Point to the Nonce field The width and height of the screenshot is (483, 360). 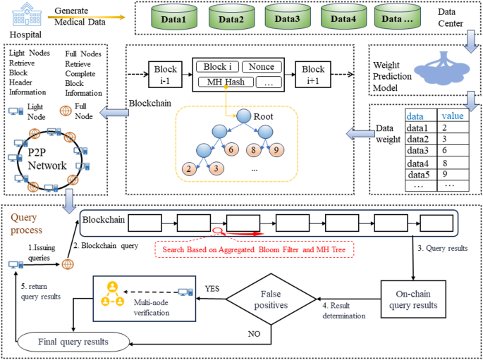pos(262,67)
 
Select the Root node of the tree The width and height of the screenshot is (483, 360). pos(244,116)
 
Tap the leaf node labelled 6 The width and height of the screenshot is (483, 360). pos(229,149)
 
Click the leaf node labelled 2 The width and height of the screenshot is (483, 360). pos(188,169)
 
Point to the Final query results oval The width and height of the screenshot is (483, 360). pos(73,342)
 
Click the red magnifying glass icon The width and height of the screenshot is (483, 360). pos(220,230)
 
